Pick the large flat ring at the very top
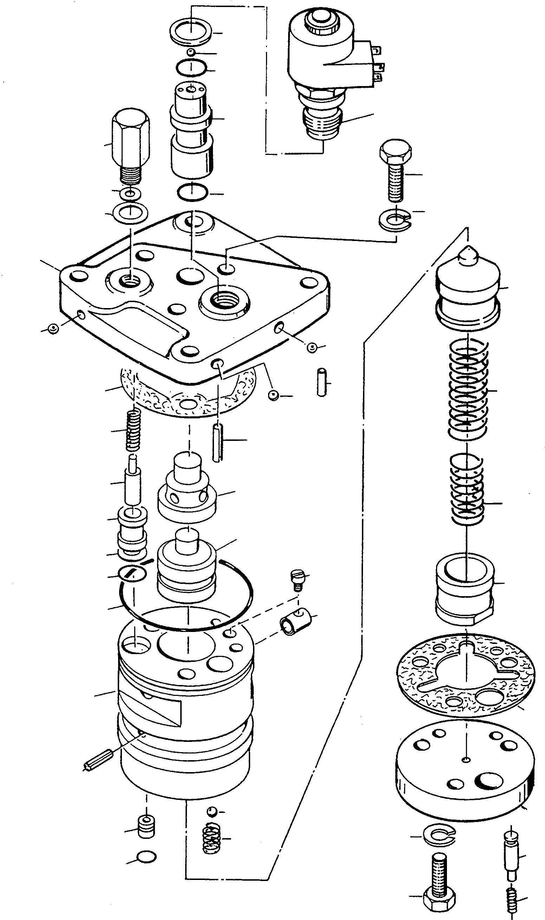(x=191, y=32)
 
